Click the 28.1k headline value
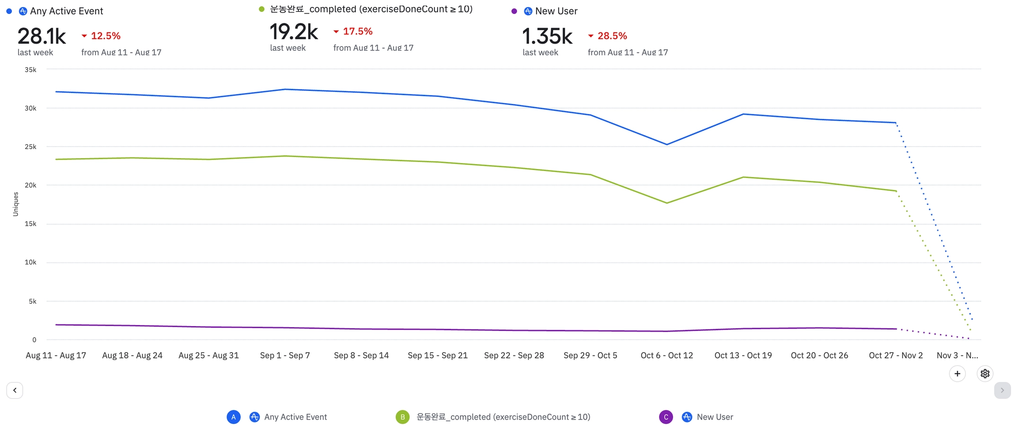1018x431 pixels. pyautogui.click(x=42, y=36)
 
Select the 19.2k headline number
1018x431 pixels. pyautogui.click(x=294, y=32)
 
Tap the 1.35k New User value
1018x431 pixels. pyautogui.click(x=547, y=36)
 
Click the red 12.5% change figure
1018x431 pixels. pyautogui.click(x=105, y=36)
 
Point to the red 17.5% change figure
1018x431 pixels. pyautogui.click(x=357, y=31)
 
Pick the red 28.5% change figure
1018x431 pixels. pyautogui.click(x=612, y=36)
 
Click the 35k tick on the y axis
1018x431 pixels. pyautogui.click(x=30, y=70)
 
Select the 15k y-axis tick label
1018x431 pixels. pyautogui.click(x=30, y=224)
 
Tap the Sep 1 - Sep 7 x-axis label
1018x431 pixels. pyautogui.click(x=285, y=355)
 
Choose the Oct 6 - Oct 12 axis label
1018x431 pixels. pyautogui.click(x=667, y=355)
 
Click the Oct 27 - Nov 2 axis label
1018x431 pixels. pyautogui.click(x=896, y=355)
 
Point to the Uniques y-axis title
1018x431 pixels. pyautogui.click(x=15, y=204)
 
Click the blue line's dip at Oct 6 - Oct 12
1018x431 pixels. pyautogui.click(x=667, y=145)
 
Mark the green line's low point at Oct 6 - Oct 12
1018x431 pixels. pyautogui.click(x=667, y=203)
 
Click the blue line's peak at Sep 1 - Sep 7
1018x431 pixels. pyautogui.click(x=285, y=89)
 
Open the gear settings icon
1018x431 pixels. pyautogui.click(x=985, y=374)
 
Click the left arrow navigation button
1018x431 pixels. pyautogui.click(x=15, y=390)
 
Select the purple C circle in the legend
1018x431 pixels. pyautogui.click(x=666, y=417)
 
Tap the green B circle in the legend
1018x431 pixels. pyautogui.click(x=403, y=417)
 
